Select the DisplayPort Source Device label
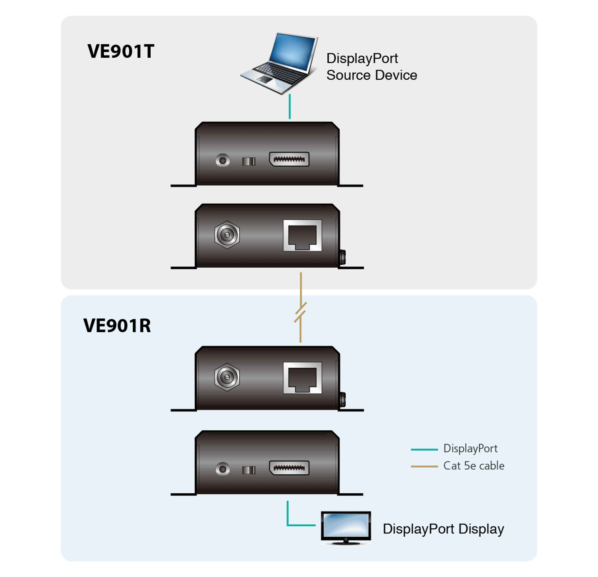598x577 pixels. click(x=372, y=66)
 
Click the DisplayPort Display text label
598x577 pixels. click(x=443, y=529)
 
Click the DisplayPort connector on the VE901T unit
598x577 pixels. click(x=289, y=159)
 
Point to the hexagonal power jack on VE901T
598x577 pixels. click(x=227, y=235)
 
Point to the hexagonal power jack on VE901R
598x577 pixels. click(x=227, y=377)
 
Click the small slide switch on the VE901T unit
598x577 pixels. click(x=249, y=161)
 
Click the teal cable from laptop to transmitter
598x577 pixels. click(x=290, y=107)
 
